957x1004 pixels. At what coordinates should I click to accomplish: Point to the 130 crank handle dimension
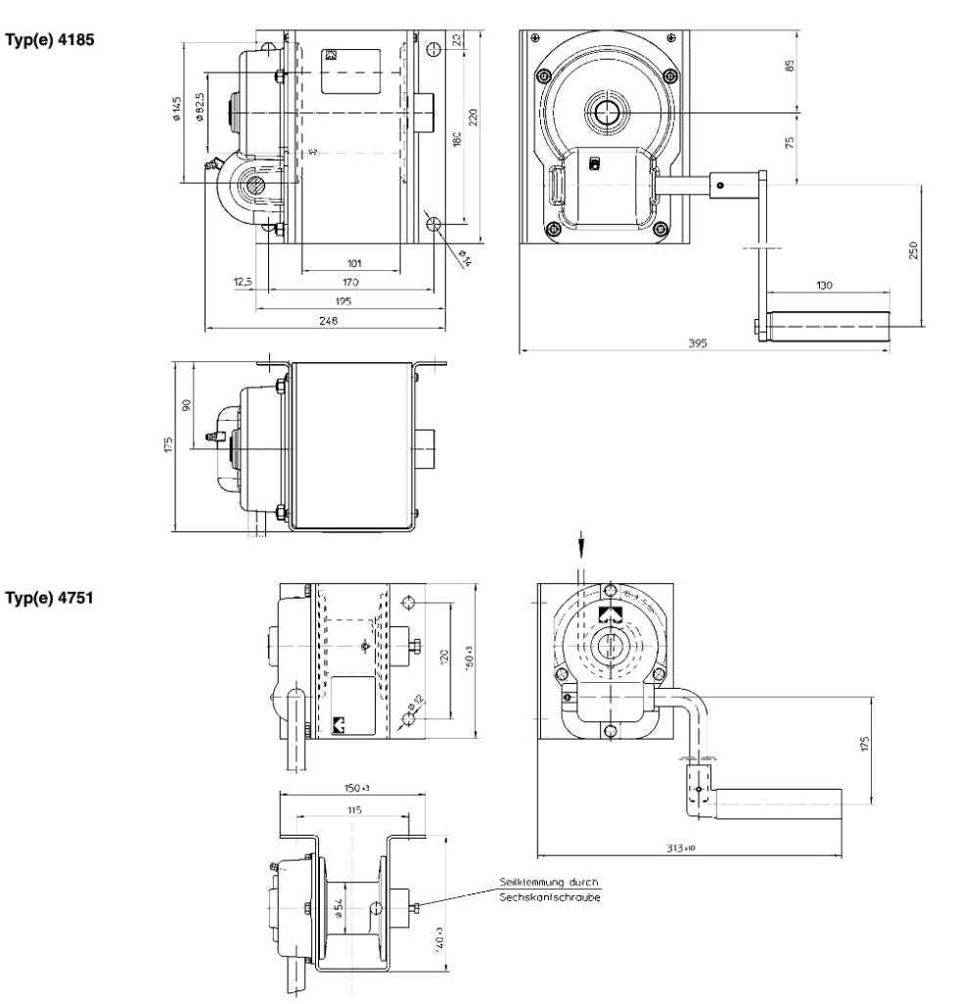[x=824, y=284]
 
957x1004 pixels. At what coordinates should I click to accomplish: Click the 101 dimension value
[x=354, y=262]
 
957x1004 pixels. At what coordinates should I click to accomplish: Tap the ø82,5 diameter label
[x=200, y=108]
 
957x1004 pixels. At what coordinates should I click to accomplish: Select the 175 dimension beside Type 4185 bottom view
[x=168, y=445]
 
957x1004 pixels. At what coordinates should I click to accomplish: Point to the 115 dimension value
[x=354, y=809]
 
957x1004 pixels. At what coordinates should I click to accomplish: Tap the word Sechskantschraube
[x=549, y=896]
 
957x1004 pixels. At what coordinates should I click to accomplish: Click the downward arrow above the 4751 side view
[x=581, y=542]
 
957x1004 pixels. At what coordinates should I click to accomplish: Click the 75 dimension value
[x=790, y=140]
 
